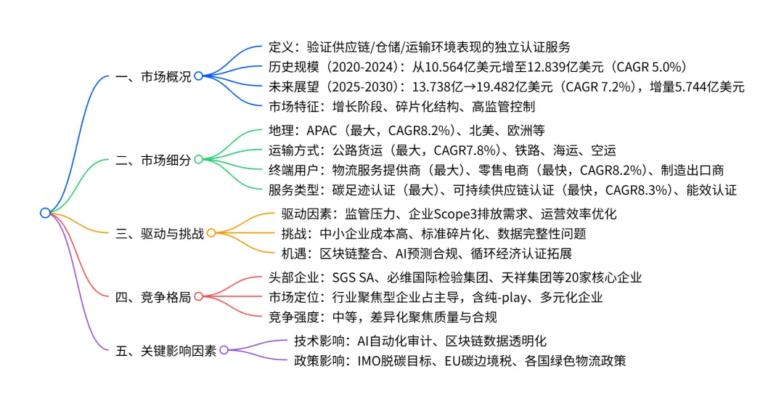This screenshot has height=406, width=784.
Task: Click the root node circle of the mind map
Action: [x=45, y=213]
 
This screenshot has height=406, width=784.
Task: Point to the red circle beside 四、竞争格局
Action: [x=197, y=296]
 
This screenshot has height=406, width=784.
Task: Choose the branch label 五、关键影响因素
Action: [x=166, y=350]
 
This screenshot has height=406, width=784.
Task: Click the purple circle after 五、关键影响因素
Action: [x=224, y=350]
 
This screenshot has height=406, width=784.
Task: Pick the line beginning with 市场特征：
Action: [x=402, y=107]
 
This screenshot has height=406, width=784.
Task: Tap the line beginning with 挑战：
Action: [x=433, y=234]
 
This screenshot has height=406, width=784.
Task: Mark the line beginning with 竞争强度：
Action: [x=383, y=317]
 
